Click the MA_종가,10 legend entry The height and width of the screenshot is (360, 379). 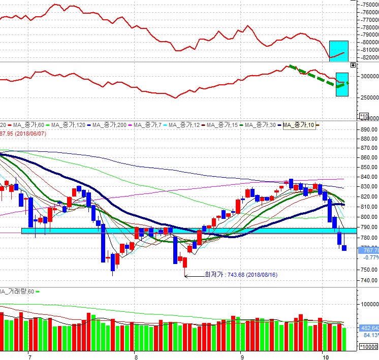coord(299,125)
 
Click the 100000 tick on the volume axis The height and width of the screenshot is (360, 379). coord(369,304)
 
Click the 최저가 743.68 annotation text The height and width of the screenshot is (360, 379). coord(240,275)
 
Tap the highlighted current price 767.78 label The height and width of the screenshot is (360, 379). coord(369,250)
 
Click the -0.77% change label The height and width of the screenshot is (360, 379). coord(369,257)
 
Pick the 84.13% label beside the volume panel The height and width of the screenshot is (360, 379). coord(369,335)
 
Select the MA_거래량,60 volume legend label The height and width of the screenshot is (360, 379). coord(17,291)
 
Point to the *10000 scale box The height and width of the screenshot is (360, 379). coord(368,347)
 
